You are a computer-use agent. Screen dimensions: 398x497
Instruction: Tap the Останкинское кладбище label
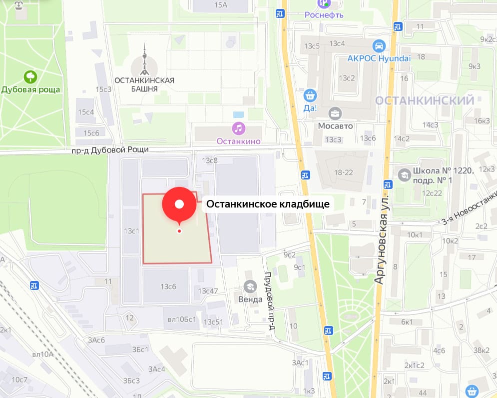(x=268, y=204)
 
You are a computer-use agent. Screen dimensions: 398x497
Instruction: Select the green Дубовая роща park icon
(x=31, y=76)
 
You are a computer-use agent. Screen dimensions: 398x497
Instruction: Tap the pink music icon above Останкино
(x=238, y=128)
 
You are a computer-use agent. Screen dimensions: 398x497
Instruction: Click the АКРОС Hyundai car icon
(x=379, y=46)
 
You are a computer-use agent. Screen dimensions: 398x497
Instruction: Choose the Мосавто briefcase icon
(x=335, y=113)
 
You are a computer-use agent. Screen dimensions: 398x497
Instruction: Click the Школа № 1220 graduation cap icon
(x=404, y=174)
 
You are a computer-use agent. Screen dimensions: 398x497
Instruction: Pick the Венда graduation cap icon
(x=249, y=286)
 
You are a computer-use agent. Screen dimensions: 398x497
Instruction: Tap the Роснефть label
(x=324, y=14)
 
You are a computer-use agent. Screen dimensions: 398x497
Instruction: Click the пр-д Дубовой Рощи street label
(x=110, y=149)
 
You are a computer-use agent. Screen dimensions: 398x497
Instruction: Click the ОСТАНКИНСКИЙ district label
(x=425, y=101)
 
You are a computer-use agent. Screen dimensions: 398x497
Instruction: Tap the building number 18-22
(x=344, y=172)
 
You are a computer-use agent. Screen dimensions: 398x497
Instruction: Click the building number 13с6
(x=168, y=286)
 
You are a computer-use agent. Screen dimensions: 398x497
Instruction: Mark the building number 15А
(x=220, y=5)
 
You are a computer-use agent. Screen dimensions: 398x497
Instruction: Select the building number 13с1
(x=131, y=231)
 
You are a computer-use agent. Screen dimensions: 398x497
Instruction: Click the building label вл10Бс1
(x=181, y=319)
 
